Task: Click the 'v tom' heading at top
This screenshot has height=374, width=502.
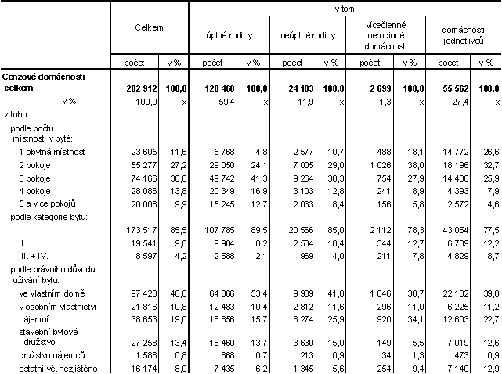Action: point(345,7)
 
